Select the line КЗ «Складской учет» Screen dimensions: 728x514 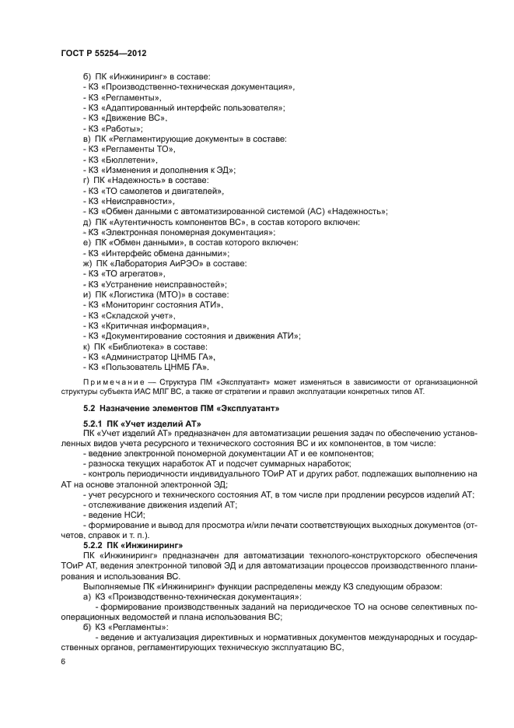pyautogui.click(x=128, y=315)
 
